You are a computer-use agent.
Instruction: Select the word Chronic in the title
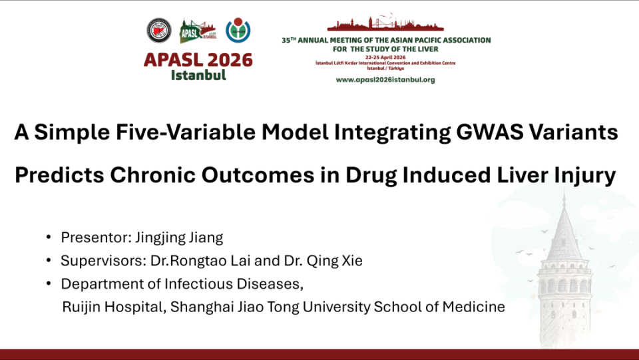(153, 175)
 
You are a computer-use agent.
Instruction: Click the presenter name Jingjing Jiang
(179, 238)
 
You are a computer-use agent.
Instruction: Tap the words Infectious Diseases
(234, 284)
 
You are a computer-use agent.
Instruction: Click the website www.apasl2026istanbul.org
(385, 80)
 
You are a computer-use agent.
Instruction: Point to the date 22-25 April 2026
(385, 57)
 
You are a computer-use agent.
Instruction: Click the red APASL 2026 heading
(198, 60)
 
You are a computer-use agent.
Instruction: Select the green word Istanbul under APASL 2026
(198, 75)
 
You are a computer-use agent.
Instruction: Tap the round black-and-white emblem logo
(159, 31)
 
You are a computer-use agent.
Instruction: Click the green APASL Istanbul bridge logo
(198, 31)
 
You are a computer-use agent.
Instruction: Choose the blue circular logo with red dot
(238, 30)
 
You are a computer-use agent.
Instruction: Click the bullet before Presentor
(49, 237)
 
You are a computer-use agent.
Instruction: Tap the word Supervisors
(104, 261)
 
